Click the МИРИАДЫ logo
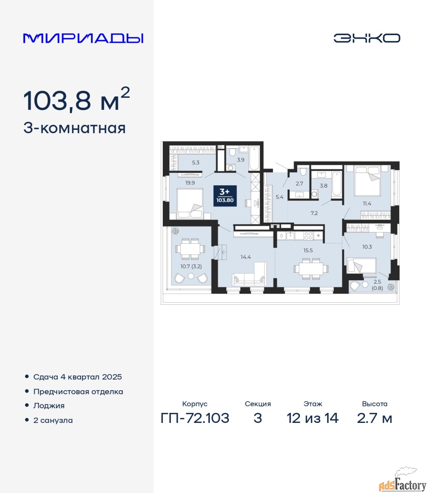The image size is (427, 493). [83, 38]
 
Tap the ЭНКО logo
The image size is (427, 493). [367, 38]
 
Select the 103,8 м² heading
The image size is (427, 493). [77, 99]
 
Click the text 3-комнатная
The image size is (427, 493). [74, 129]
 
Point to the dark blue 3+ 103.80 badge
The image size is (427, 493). [225, 196]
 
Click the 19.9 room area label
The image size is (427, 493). [190, 183]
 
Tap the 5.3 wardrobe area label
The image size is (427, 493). [196, 163]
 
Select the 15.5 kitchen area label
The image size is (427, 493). [308, 250]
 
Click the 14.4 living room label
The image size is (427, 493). [246, 257]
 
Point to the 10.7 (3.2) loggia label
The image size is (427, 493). [191, 266]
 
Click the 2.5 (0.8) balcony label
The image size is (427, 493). [377, 285]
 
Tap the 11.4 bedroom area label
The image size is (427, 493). [367, 204]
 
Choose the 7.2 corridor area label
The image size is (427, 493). [314, 213]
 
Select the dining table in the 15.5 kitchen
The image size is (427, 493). [311, 268]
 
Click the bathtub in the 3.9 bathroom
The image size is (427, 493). [254, 158]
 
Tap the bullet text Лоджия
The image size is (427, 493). [49, 406]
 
